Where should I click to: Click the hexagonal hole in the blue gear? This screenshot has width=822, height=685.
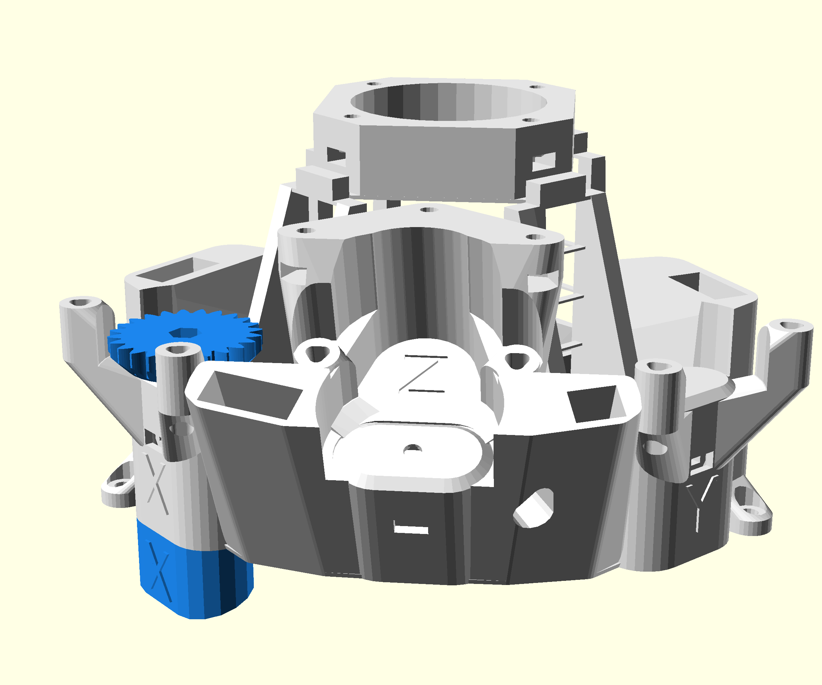pos(183,333)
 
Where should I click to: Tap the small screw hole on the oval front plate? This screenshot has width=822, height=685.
pos(412,449)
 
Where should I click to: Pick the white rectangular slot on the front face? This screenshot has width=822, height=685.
pos(411,530)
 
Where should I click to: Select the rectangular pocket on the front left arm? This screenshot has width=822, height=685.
pos(250,394)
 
